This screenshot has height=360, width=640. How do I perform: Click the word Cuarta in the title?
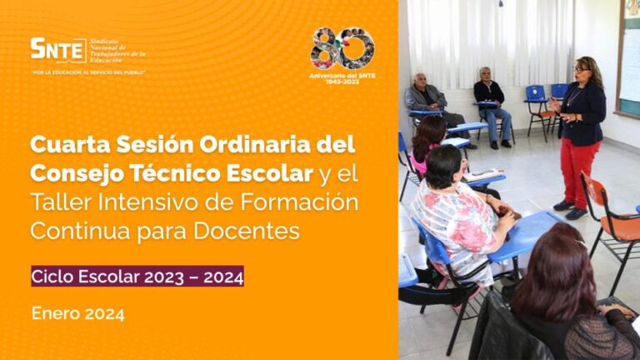[x=66, y=145]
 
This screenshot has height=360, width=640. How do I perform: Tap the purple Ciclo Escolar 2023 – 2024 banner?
[x=137, y=276]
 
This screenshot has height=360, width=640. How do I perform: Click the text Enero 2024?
[x=77, y=314]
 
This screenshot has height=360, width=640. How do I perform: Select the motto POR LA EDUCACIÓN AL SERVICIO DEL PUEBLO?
[x=88, y=72]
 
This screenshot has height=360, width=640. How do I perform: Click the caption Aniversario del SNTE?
[x=342, y=77]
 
